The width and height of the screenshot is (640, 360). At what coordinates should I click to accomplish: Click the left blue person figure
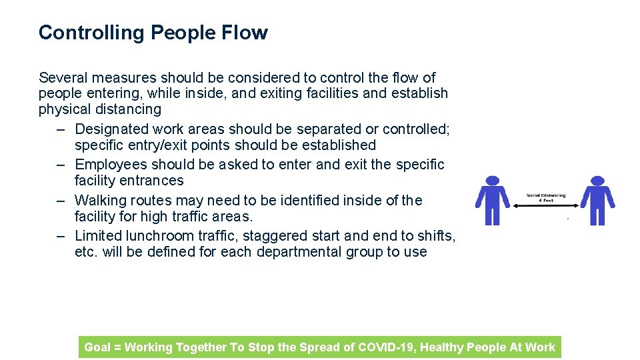(x=492, y=201)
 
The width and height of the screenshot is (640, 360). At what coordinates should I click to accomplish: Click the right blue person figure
(x=597, y=201)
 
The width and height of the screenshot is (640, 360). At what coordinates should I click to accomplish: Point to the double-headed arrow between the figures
(x=545, y=206)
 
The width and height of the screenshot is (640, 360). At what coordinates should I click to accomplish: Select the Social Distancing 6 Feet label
(x=546, y=198)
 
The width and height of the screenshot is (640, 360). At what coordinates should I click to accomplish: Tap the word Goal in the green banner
(x=97, y=347)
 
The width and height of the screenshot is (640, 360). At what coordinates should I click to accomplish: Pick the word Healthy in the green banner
(x=441, y=347)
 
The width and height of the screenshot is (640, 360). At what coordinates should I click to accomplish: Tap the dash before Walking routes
(x=61, y=200)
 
